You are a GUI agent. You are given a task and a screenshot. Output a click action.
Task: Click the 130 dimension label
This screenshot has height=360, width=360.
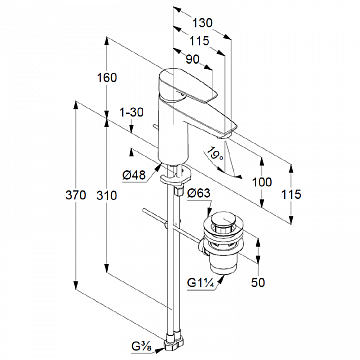(x=202, y=23)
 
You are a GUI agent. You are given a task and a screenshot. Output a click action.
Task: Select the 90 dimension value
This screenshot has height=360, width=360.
(x=192, y=59)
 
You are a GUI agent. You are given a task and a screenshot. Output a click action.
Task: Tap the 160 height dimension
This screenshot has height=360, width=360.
(x=107, y=78)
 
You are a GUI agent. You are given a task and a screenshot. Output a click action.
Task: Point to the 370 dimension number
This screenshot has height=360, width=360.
(x=76, y=195)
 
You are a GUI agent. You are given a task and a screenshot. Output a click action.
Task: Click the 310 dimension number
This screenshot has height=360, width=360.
(x=107, y=195)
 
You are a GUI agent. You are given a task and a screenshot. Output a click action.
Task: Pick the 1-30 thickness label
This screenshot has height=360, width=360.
(x=131, y=113)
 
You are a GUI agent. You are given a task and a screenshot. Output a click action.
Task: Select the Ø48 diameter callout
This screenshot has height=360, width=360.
(x=134, y=175)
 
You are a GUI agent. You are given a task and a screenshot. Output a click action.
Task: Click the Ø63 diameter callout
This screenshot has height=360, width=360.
(x=199, y=193)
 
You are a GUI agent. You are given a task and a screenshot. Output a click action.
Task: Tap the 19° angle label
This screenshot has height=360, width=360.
(x=213, y=154)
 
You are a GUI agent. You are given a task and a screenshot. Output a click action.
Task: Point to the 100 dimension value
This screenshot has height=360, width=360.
(x=262, y=182)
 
